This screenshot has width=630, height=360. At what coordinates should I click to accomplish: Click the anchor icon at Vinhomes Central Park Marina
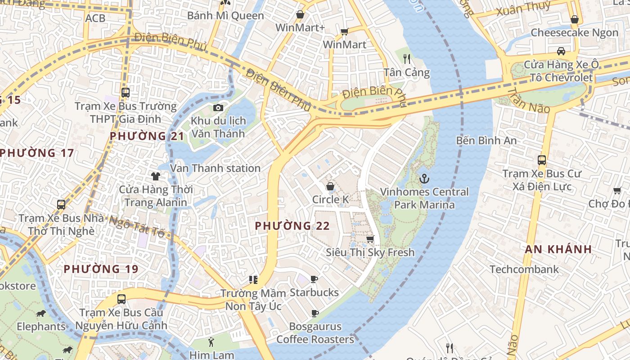[x=424, y=179]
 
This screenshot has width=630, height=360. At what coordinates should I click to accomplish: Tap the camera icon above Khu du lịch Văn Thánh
[x=218, y=108]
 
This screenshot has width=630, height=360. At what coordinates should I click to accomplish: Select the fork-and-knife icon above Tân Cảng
[x=407, y=58]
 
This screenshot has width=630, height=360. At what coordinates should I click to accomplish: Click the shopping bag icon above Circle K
[x=330, y=186]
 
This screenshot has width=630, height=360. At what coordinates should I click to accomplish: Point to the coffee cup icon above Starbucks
[x=314, y=279]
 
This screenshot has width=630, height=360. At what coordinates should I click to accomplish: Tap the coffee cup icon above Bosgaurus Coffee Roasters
[x=315, y=313]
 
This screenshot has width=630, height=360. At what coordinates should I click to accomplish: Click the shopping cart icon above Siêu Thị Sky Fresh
[x=370, y=239]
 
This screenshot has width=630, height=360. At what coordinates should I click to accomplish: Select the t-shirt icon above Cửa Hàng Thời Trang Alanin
[x=156, y=176]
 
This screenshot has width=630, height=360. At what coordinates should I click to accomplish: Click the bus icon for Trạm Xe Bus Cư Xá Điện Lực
[x=542, y=160]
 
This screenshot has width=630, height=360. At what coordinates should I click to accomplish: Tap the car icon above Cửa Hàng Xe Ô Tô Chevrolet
[x=561, y=51]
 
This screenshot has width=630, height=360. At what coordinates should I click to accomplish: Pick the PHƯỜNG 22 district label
[x=292, y=226]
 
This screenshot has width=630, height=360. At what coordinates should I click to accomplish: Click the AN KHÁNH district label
[x=558, y=249]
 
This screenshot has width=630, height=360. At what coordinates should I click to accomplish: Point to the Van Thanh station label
[x=215, y=168]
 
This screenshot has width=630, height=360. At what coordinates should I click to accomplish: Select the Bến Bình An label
[x=486, y=140]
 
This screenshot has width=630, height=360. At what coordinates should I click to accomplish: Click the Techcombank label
[x=524, y=270]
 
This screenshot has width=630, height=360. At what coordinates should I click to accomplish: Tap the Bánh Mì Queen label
[x=225, y=16]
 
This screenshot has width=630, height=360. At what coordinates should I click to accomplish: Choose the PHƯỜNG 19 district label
[x=101, y=269]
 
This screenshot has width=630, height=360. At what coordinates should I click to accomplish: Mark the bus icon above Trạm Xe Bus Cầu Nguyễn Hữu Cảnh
[x=121, y=299]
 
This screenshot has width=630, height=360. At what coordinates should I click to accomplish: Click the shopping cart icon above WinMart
[x=345, y=31]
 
